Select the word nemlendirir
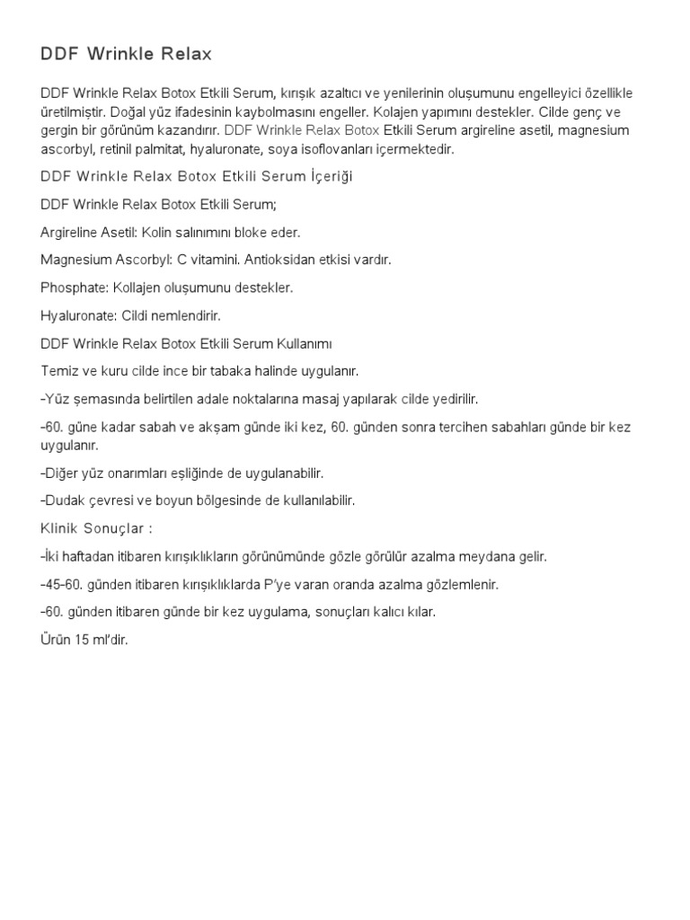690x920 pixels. point(184,316)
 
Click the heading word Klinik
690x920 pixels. point(61,528)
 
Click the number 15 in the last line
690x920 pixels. point(81,641)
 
